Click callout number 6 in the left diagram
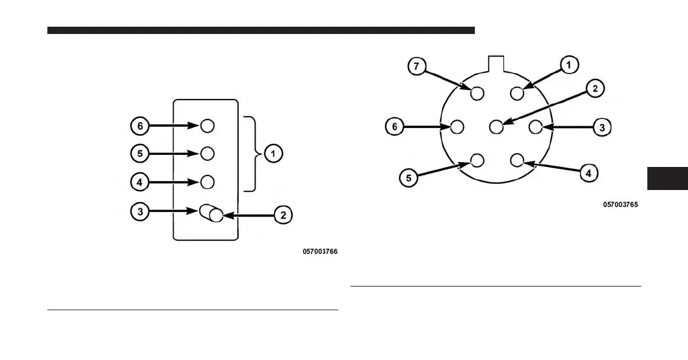pos(139,126)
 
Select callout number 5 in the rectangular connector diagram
pos(139,154)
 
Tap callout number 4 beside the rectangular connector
pos(139,182)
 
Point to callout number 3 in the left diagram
pos(139,211)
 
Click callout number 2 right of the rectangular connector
pos(283,214)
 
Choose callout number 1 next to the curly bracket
pos(273,154)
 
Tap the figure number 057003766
pos(320,251)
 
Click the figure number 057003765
pos(620,205)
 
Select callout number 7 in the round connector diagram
pos(417,67)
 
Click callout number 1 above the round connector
pos(570,64)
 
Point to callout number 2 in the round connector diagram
pos(595,89)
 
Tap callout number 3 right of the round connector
pos(602,127)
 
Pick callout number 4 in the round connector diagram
pos(588,173)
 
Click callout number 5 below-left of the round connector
pos(408,178)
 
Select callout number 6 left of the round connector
pos(395,127)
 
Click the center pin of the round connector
pos(496,127)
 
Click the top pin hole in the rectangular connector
pos(207,126)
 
